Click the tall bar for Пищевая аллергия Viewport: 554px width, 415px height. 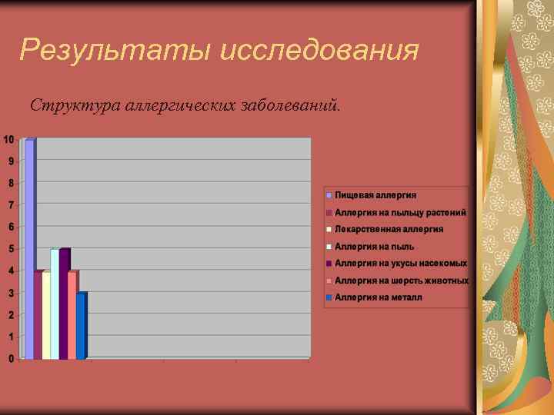[x=30, y=249]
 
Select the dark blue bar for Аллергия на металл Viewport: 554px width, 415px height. [x=81, y=326]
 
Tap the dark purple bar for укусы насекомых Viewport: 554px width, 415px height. [x=65, y=304]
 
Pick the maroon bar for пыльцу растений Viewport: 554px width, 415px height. [x=38, y=315]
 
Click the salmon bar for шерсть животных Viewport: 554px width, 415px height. [x=72, y=315]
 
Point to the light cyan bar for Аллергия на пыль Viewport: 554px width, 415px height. [x=55, y=304]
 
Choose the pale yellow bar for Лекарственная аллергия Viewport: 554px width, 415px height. [x=46, y=316]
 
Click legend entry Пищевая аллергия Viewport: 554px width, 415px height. [x=375, y=195]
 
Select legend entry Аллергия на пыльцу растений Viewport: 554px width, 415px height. [x=400, y=212]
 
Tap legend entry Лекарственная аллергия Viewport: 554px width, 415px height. [x=389, y=229]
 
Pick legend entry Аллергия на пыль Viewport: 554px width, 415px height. [x=374, y=247]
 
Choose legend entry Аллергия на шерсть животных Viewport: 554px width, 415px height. [x=401, y=281]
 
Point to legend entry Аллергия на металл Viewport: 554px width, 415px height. [x=379, y=297]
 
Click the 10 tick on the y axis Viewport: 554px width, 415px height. [x=8, y=139]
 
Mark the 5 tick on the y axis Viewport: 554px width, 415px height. [x=11, y=249]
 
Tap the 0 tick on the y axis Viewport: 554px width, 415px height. [x=11, y=359]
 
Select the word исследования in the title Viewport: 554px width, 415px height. [x=319, y=51]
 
